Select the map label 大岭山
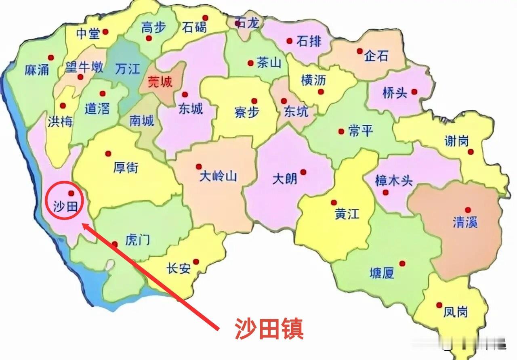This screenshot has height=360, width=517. tap(218, 176)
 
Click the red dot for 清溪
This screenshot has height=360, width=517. tap(468, 210)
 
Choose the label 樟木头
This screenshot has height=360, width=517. tap(394, 181)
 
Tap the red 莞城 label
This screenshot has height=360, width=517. tap(160, 82)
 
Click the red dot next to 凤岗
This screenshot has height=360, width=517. tap(439, 305)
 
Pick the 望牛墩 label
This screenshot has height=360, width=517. tap(84, 67)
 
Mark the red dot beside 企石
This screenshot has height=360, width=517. tap(359, 51)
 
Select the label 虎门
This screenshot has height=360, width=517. tap(138, 240)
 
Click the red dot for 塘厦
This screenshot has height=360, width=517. tap(402, 264)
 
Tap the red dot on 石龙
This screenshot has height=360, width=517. tap(238, 23)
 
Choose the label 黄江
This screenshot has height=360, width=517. tap(347, 213)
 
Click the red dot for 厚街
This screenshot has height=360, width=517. tap(108, 153)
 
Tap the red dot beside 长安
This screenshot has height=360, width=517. tap(196, 262)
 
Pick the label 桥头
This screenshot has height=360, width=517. tap(394, 93)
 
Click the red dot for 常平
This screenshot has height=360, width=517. tap(340, 131)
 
